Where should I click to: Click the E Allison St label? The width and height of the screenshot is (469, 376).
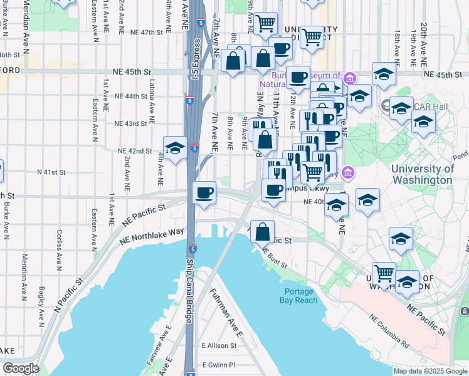[219, 345]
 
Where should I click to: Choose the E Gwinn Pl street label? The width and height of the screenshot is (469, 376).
[218, 364]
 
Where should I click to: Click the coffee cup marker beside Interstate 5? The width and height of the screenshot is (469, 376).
[204, 193]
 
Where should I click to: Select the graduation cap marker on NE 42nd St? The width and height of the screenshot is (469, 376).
[175, 149]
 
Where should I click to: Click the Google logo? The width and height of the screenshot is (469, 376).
[21, 368]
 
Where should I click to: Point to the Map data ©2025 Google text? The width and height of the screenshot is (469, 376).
[430, 371]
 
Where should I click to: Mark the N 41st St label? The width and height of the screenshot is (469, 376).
[51, 172]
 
